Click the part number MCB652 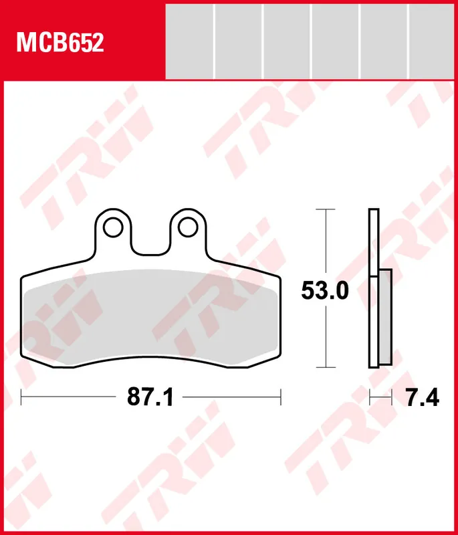[60, 43]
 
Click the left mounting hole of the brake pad [113, 227]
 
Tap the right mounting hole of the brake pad [186, 227]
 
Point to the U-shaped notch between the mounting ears [149, 241]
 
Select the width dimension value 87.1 [150, 399]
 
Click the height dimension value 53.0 [325, 291]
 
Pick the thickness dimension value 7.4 [423, 399]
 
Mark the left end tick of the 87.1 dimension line [21, 398]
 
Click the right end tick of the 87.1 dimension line [280, 398]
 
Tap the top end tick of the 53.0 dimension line [325, 209]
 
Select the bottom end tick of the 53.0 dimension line [325, 367]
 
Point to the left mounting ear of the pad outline [113, 231]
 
